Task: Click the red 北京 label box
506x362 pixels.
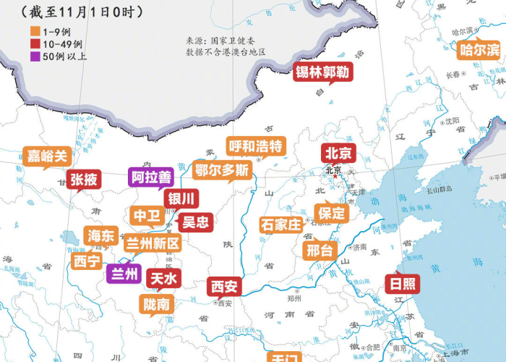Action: pos(338,153)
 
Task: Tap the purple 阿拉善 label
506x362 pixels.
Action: pos(152,177)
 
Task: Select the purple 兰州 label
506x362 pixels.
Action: pos(124,273)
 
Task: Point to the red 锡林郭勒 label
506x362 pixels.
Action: pos(323,72)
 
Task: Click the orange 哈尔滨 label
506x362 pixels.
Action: pos(479,50)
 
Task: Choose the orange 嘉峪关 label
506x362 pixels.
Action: pos(47,156)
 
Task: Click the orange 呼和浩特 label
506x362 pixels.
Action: pos(255,146)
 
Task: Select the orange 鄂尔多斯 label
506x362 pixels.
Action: pos(222,171)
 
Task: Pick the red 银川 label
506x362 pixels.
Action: pos(181,198)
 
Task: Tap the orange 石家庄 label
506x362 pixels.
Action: pos(280,224)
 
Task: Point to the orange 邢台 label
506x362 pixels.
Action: pos(320,251)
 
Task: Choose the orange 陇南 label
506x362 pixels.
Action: pos(157,304)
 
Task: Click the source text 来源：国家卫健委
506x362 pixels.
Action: pos(217,42)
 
